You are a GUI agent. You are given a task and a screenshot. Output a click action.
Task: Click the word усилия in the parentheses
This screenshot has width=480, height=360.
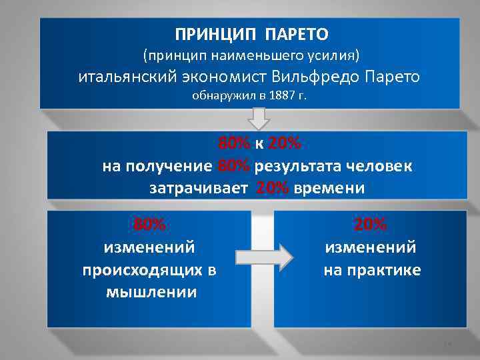pos(337,53)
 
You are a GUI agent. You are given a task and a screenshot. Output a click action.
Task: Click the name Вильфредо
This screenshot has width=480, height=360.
pos(322,76)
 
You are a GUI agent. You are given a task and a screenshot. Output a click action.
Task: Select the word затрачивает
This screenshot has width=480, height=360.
pos(199,187)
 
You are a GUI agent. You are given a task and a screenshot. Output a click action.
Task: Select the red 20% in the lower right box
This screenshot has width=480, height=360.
pos(370,225)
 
